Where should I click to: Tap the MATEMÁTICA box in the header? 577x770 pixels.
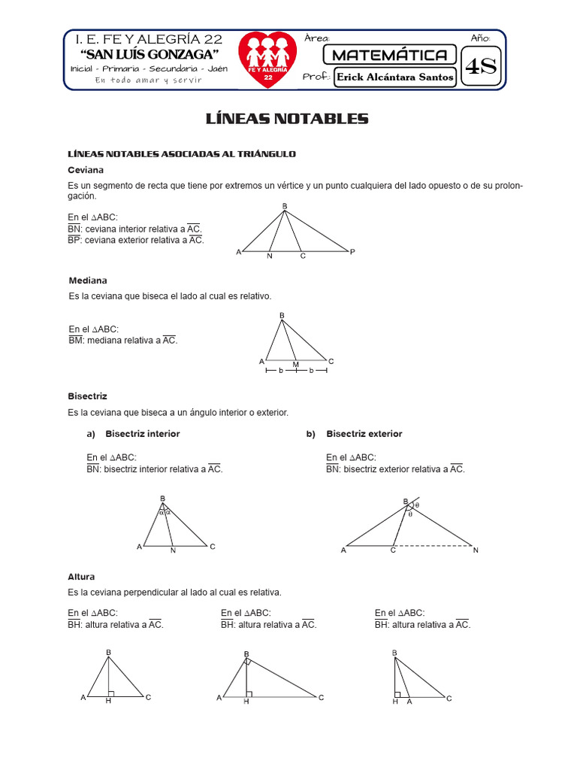(389, 55)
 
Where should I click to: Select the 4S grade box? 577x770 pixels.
(481, 67)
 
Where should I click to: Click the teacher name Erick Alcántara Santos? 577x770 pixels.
(395, 77)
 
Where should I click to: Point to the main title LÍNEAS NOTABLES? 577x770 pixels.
(288, 119)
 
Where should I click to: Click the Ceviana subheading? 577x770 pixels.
(85, 170)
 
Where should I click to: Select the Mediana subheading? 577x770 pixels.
(88, 280)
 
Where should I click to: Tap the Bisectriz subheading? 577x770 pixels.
(88, 396)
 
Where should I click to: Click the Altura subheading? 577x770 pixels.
(81, 577)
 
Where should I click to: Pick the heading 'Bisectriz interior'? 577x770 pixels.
(143, 434)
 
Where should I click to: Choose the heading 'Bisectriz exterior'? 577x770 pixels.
(364, 434)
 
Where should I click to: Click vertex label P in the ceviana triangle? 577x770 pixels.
(352, 251)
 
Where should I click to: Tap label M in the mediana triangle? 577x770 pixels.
(296, 365)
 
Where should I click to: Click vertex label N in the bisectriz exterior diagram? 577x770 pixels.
(475, 550)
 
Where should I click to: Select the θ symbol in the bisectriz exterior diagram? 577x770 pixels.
(417, 505)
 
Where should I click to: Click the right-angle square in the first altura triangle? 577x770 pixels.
(111, 693)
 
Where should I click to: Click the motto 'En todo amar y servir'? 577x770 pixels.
(148, 80)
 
